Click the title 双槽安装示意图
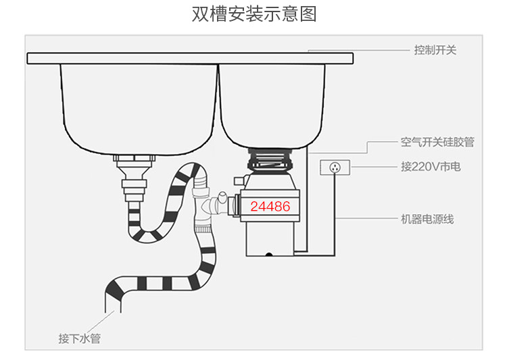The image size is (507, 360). point(254,14)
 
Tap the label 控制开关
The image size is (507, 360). point(435,50)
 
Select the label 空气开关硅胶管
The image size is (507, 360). point(437,142)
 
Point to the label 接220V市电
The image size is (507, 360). point(430,166)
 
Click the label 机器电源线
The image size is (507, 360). point(427,219)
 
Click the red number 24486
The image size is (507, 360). point(270,207)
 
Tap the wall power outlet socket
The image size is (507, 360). point(335,166)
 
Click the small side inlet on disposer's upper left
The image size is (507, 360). point(238,180)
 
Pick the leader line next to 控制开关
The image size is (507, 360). point(358,50)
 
